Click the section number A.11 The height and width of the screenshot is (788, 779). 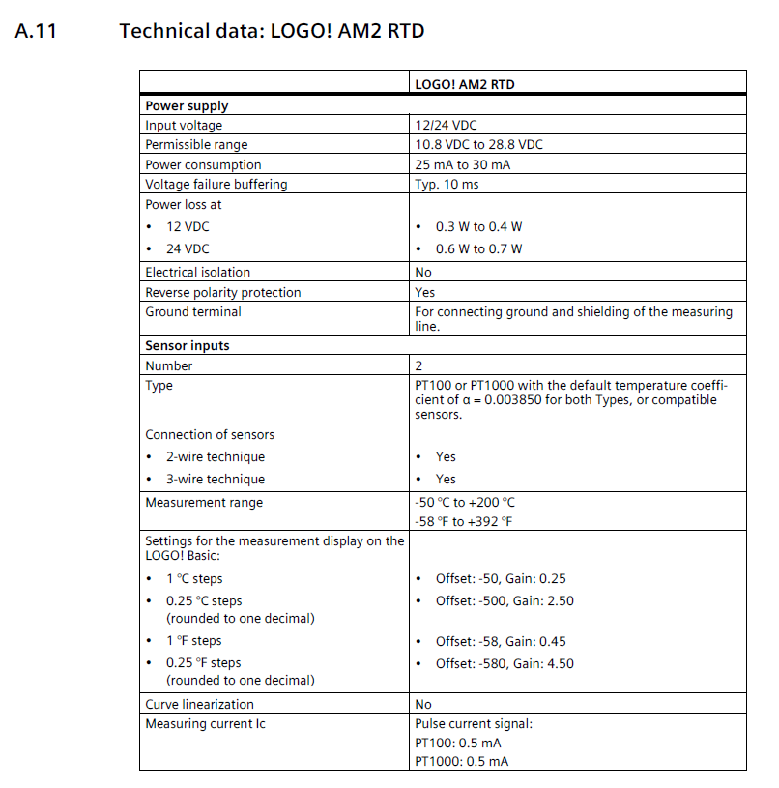[x=37, y=31]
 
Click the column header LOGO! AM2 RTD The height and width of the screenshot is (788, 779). [x=464, y=84]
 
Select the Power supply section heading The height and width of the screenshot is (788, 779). [x=187, y=105]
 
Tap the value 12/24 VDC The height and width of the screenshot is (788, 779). [x=446, y=125]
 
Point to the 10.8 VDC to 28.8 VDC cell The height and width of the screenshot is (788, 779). [x=478, y=144]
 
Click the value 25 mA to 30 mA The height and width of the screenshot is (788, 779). [x=462, y=164]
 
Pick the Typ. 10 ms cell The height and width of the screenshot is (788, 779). [x=447, y=184]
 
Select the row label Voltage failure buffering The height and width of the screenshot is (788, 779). [x=216, y=184]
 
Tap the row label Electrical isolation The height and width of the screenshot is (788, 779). [x=197, y=272]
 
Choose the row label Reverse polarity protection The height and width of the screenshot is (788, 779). [x=222, y=292]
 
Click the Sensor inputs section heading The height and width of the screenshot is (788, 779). [x=187, y=345]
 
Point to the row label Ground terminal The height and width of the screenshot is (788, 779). [x=193, y=311]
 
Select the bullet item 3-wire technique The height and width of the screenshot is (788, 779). [x=215, y=479]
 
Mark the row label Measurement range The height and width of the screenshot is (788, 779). [x=203, y=503]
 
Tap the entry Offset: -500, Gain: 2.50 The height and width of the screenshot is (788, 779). [x=505, y=600]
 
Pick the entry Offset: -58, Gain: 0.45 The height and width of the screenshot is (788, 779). [x=501, y=641]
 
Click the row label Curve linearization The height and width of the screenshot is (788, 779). [x=199, y=704]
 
